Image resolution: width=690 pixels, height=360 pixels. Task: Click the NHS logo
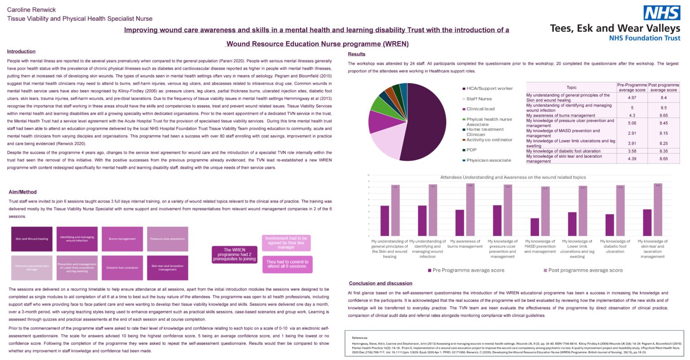tap(662, 13)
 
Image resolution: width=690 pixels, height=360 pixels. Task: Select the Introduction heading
tap(21, 52)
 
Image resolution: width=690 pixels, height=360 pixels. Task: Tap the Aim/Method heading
tap(22, 192)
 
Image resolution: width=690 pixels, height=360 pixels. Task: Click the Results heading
tap(357, 54)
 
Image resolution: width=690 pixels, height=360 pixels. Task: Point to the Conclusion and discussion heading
tap(380, 283)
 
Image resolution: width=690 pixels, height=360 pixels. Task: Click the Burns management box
tap(122, 239)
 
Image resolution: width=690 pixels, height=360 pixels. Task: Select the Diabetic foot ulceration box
tap(122, 268)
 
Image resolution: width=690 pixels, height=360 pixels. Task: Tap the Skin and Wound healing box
tap(32, 239)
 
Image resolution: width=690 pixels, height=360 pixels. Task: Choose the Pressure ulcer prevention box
tap(168, 239)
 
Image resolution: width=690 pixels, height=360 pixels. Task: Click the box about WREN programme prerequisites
tap(234, 254)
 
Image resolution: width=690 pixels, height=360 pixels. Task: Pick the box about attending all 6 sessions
tap(287, 264)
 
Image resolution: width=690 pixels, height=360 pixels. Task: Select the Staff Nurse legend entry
tap(479, 99)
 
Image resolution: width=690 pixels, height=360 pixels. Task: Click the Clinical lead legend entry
tap(480, 109)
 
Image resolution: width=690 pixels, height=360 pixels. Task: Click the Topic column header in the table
tap(571, 88)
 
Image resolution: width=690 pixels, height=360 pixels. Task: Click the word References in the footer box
tap(359, 338)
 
